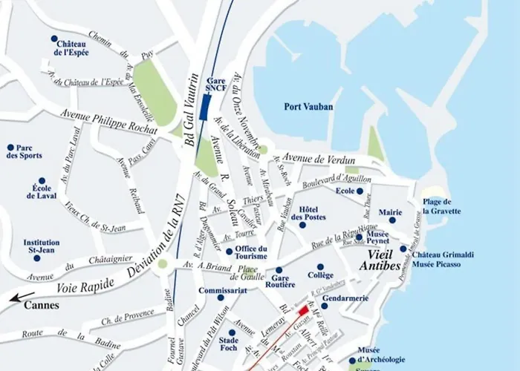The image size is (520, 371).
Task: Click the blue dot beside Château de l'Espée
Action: [x=53, y=39]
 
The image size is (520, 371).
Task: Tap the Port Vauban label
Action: [x=308, y=107]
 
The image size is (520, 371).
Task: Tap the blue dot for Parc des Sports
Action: [x=10, y=148]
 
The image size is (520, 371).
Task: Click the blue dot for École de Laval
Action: [x=42, y=180]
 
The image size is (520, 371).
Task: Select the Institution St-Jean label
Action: [x=42, y=246]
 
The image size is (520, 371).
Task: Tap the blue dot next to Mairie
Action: [x=391, y=220]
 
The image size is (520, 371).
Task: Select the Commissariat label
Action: [x=222, y=290]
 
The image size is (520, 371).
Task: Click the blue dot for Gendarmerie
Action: [x=324, y=306]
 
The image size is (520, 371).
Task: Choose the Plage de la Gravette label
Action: [x=441, y=206]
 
